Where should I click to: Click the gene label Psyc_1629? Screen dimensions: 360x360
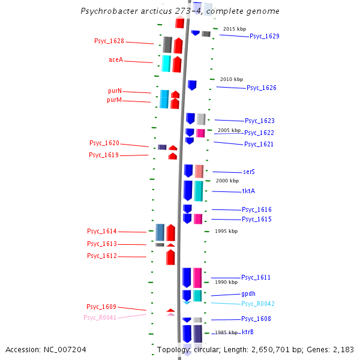click(x=264, y=36)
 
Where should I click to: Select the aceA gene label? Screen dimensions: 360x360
click(x=116, y=60)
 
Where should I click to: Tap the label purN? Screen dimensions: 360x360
click(x=115, y=91)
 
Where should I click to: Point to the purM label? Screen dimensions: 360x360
click(x=114, y=100)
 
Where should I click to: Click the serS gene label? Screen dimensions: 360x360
click(x=249, y=172)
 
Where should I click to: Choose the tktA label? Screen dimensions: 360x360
click(x=248, y=191)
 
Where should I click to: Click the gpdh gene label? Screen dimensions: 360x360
click(x=248, y=294)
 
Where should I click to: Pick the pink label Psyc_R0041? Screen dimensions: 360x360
click(x=100, y=317)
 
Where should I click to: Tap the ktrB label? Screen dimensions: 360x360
click(x=247, y=332)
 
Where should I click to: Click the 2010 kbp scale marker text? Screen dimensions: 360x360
click(x=232, y=79)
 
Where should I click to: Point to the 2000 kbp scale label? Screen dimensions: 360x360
click(x=227, y=181)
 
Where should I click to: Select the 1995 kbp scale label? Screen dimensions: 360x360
click(x=226, y=231)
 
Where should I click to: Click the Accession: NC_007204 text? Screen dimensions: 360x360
click(x=46, y=349)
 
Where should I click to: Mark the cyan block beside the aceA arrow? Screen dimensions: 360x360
click(x=166, y=64)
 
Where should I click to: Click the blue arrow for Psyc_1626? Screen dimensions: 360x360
click(x=192, y=85)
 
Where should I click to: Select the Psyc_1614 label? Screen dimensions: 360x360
click(x=101, y=232)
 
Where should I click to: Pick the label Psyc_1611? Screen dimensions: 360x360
click(x=256, y=277)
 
